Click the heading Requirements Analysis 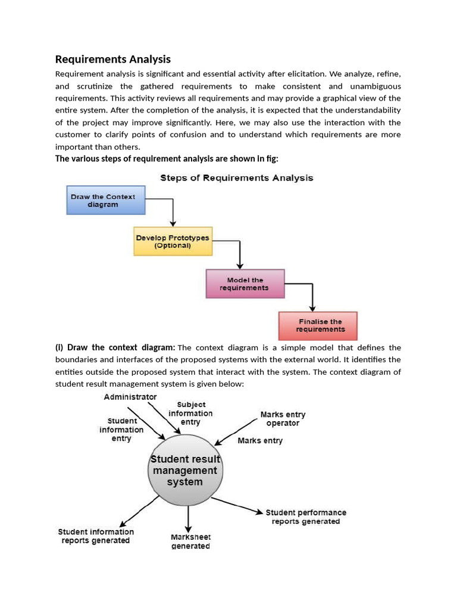coord(112,59)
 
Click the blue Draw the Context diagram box coord(105,200)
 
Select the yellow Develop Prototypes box coord(172,241)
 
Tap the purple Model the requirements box coord(245,284)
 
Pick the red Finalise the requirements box coord(318,325)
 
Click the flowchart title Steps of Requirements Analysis coord(236,178)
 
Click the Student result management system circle coord(184,471)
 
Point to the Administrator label coord(130,397)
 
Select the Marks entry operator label coord(283,419)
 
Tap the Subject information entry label coord(190,413)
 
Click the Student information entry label coord(121,430)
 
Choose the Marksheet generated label coord(190,541)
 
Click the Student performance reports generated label coord(306,516)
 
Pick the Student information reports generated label coord(96,536)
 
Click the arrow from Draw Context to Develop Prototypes coord(172,211)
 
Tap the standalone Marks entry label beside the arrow coord(260,441)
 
